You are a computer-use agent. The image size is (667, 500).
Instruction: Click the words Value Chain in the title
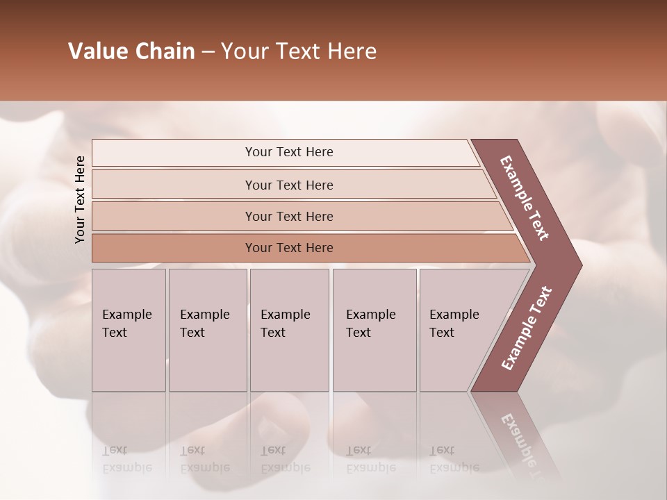tap(131, 51)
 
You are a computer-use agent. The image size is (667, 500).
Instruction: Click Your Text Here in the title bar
tap(299, 51)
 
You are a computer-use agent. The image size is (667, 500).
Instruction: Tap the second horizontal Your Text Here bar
tap(288, 185)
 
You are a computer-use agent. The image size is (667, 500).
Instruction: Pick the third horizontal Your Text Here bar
tap(288, 216)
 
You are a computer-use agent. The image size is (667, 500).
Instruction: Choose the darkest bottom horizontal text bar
tap(288, 248)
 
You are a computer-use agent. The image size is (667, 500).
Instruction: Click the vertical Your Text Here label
tap(80, 199)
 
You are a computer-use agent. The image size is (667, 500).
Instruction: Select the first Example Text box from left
tap(129, 330)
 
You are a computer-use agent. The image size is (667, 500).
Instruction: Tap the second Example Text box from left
tap(207, 330)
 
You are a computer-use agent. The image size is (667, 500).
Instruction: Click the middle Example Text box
tap(288, 330)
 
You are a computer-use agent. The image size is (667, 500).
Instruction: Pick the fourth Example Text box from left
tap(374, 330)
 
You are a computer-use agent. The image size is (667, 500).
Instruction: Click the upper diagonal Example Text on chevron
tap(525, 198)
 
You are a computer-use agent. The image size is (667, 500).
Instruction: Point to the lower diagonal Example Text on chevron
tap(527, 328)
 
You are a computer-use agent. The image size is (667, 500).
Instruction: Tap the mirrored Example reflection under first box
tap(126, 467)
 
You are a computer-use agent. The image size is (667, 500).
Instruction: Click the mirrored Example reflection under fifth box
tap(454, 467)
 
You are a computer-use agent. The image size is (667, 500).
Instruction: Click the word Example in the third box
tap(285, 315)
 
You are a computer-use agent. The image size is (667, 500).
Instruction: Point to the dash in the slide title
tap(208, 52)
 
